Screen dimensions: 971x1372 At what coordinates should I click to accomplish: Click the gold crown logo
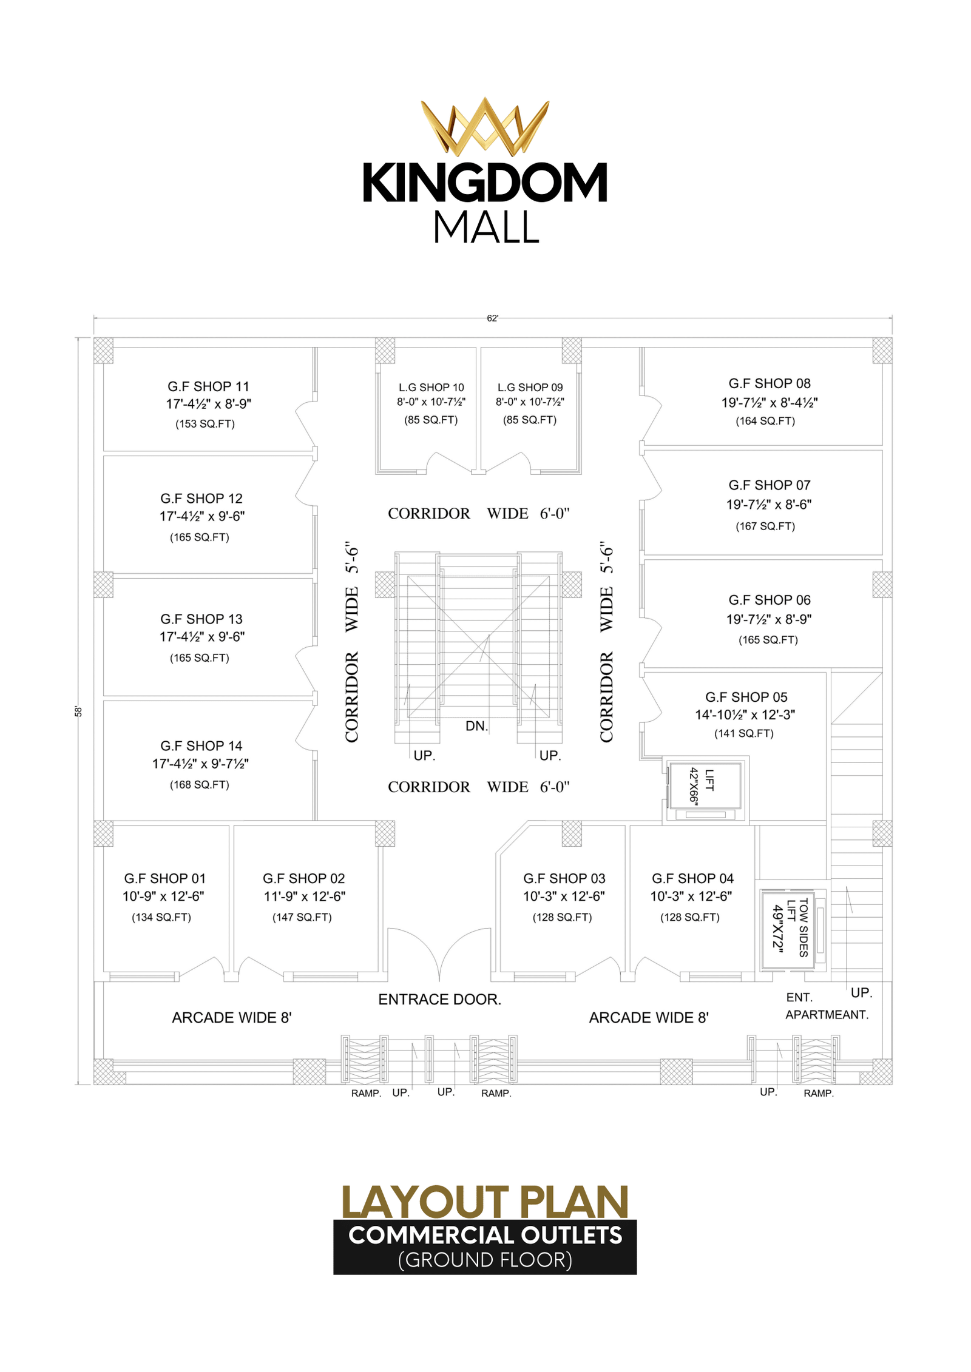485,126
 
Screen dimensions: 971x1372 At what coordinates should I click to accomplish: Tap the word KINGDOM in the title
485,183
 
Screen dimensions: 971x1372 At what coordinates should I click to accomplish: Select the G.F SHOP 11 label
208,386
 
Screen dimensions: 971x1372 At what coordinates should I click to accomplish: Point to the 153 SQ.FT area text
205,424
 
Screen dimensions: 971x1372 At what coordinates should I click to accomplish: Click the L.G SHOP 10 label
431,387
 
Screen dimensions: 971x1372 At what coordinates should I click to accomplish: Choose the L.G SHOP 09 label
530,387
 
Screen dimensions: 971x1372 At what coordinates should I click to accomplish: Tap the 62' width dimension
492,318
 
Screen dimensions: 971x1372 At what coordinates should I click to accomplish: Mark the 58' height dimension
78,711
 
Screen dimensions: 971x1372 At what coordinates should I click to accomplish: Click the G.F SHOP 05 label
746,697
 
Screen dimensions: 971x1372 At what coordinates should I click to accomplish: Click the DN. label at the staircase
476,726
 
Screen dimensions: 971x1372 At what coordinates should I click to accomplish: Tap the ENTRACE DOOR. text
439,999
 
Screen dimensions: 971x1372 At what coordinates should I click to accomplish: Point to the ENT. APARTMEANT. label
827,1006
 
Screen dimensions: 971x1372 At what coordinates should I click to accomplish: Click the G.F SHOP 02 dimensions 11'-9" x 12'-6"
304,896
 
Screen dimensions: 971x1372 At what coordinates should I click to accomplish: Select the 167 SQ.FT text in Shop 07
765,526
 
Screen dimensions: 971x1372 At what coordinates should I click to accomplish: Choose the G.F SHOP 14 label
201,745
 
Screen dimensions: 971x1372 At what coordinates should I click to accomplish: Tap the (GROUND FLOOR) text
485,1260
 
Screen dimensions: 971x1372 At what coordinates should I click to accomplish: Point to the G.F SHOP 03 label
564,878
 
